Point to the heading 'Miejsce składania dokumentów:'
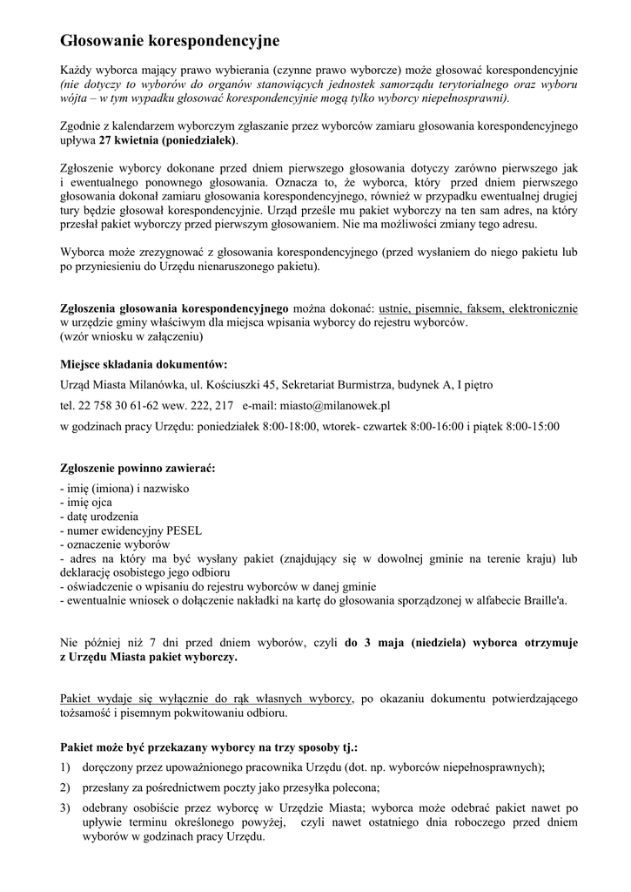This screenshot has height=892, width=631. click(x=144, y=364)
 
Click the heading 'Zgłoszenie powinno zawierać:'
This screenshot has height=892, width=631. click(x=137, y=468)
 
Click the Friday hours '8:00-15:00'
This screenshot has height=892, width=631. click(x=531, y=426)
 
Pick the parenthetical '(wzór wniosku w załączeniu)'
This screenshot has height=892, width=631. click(x=131, y=335)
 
